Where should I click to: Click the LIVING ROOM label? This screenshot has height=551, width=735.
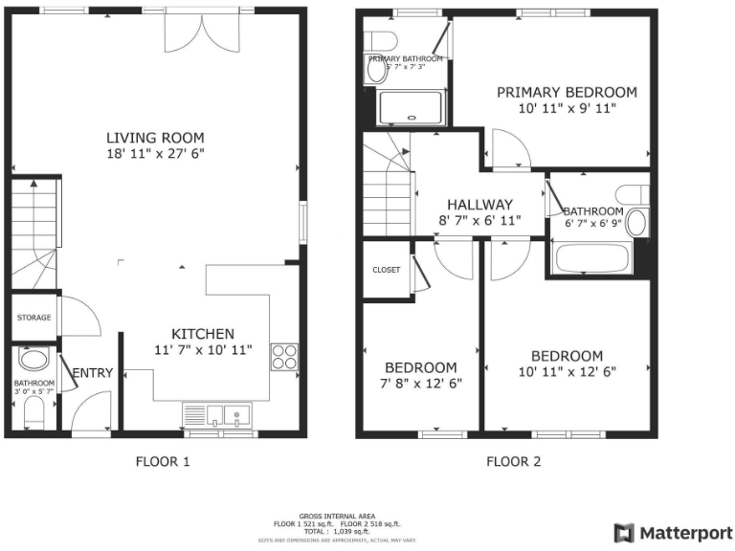click(155, 137)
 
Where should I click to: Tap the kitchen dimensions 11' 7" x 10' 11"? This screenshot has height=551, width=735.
click(202, 350)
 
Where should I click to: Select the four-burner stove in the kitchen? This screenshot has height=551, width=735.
click(284, 357)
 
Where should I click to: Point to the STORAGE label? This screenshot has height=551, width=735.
click(33, 318)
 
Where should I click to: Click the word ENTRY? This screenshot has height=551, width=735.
click(93, 373)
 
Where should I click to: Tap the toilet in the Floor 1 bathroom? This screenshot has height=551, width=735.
click(33, 412)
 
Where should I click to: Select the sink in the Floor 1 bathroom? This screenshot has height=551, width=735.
click(33, 361)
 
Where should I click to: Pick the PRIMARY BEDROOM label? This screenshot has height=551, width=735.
click(566, 92)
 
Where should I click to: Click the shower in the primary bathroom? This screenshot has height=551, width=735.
click(412, 107)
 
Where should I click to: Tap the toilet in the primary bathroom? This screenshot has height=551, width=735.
click(380, 42)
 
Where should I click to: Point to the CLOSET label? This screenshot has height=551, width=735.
click(386, 270)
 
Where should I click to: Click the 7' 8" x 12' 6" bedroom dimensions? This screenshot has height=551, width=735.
click(420, 384)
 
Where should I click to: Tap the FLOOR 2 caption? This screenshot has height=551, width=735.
click(513, 461)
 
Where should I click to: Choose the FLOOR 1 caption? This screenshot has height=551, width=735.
click(163, 461)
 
